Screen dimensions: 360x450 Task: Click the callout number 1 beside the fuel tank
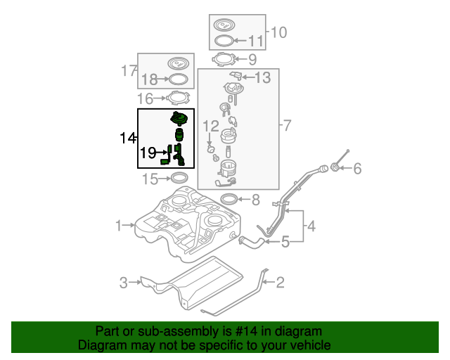[x=120, y=226]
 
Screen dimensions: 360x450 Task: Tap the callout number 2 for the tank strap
[x=280, y=283]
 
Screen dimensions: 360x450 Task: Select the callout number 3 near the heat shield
[x=124, y=283]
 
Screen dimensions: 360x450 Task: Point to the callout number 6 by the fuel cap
[x=356, y=169]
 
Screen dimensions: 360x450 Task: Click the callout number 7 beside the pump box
[x=286, y=126]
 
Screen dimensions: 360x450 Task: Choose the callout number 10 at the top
[x=278, y=32]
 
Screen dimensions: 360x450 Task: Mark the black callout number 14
[x=127, y=138]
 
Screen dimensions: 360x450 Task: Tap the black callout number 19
[x=148, y=152]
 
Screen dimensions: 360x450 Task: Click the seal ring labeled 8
[x=230, y=199]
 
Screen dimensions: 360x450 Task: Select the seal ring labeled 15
[x=179, y=179]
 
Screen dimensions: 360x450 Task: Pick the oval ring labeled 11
[x=224, y=41]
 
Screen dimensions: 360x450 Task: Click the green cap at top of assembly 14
[x=180, y=118]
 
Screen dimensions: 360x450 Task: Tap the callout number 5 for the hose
[x=285, y=243]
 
